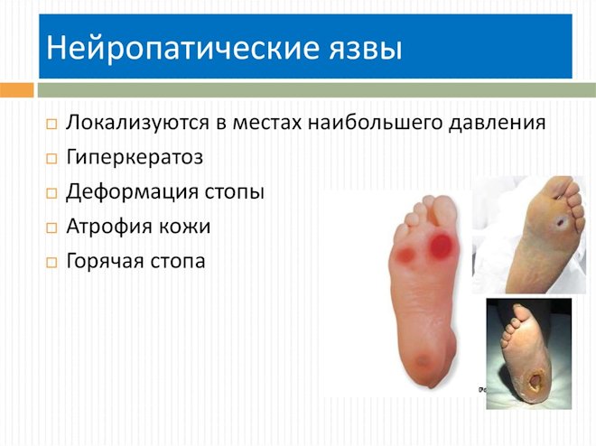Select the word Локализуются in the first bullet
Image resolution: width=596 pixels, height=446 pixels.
(137, 122)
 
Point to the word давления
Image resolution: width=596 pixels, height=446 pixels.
(498, 123)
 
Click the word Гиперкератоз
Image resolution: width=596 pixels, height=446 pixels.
(135, 157)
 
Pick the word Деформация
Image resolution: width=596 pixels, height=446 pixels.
(132, 191)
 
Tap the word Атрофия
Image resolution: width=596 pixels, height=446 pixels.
(108, 227)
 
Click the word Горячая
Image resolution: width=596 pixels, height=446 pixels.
(105, 261)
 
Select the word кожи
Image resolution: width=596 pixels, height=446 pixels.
(185, 227)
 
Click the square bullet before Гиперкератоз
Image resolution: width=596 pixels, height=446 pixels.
(51, 158)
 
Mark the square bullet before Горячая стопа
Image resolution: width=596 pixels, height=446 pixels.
(51, 263)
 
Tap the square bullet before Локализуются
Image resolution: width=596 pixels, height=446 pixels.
(51, 124)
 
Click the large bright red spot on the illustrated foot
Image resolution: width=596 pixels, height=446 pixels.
(441, 245)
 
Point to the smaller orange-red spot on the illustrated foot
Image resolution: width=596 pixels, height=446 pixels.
(405, 255)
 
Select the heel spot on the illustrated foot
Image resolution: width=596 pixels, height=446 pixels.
(423, 361)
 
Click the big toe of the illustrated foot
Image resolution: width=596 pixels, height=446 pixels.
(443, 211)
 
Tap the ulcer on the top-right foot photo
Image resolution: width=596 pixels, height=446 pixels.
(560, 222)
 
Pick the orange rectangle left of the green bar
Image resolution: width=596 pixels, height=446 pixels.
(17, 90)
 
